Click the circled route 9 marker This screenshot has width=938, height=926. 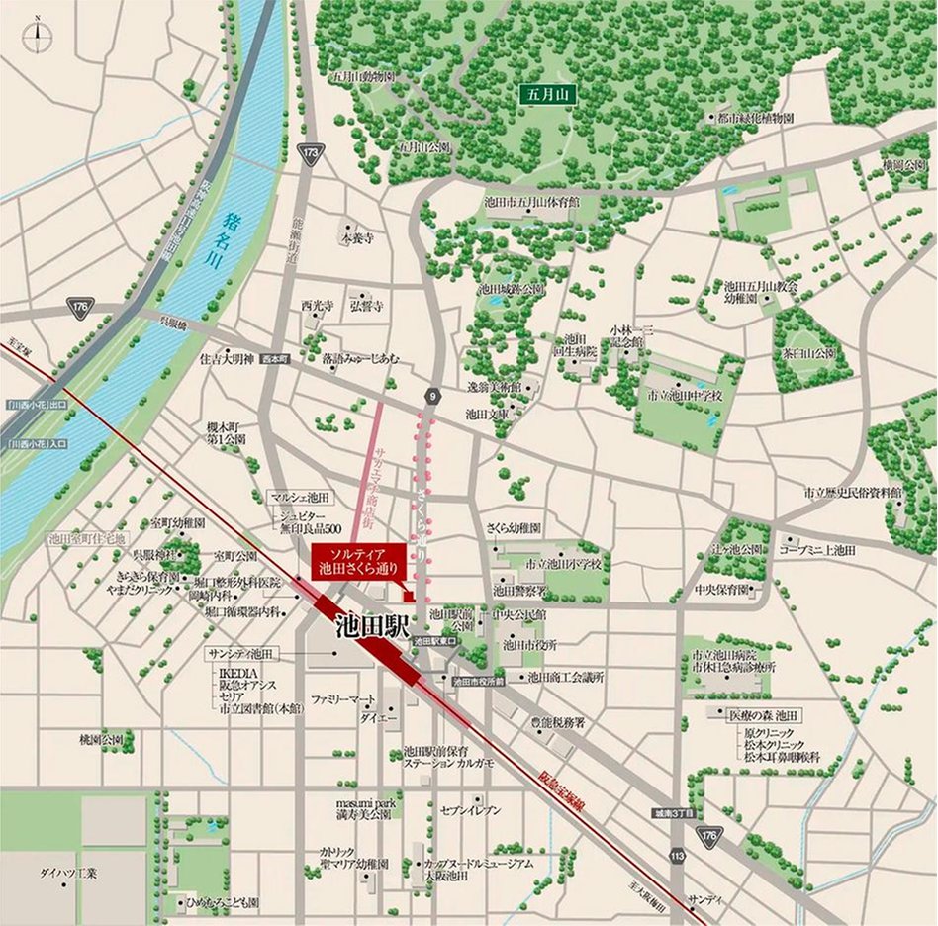pos(431,397)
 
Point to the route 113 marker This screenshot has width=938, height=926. pos(677,854)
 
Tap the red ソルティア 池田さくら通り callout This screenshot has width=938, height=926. pos(355,561)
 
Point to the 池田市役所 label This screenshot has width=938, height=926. pos(529,645)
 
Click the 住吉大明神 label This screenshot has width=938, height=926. pos(227,358)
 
